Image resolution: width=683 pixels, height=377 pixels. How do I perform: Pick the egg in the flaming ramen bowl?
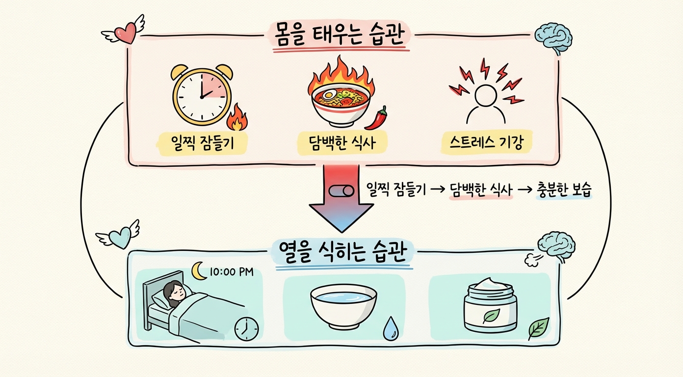[x=327, y=93]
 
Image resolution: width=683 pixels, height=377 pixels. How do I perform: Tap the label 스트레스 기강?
[x=486, y=143]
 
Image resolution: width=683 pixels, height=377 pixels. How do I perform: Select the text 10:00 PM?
[x=231, y=271]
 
